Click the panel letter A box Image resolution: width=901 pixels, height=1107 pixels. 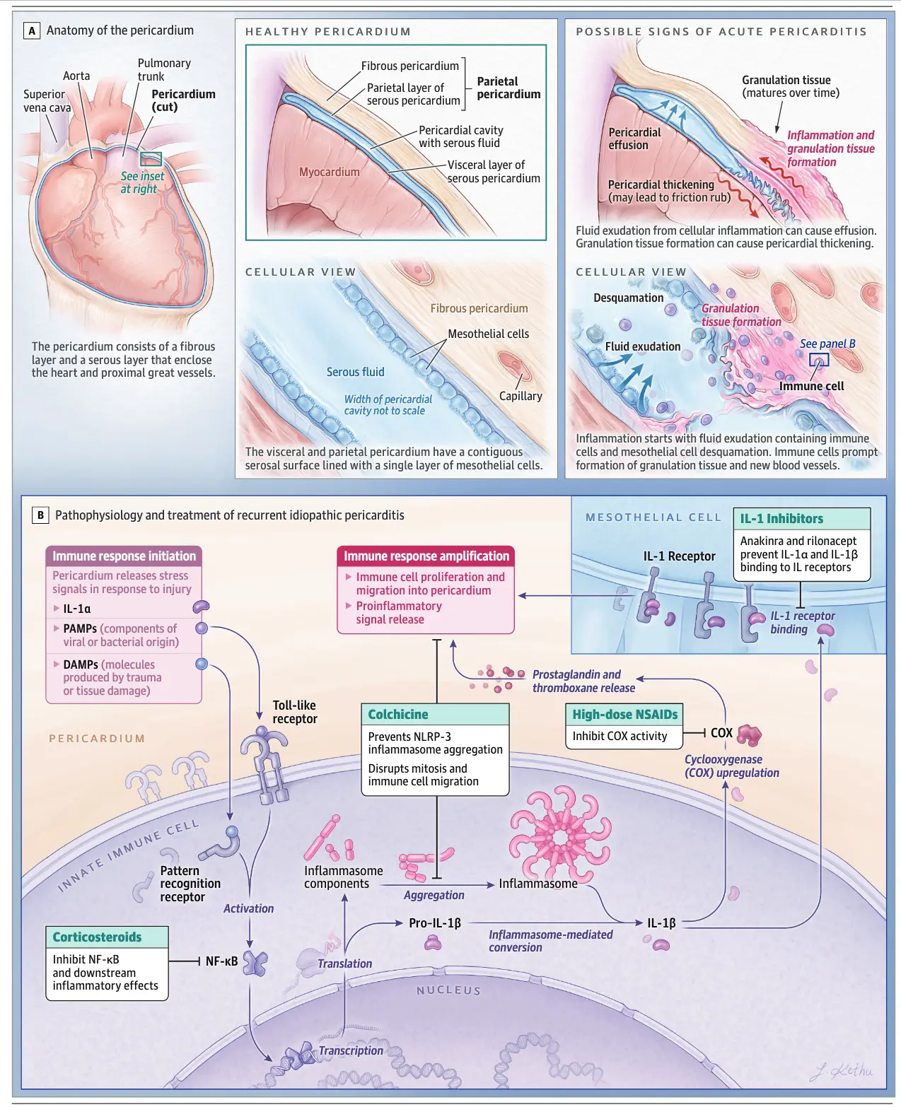(x=31, y=31)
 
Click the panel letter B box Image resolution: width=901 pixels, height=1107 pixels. (x=40, y=515)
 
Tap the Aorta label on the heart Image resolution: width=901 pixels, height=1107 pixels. (x=76, y=76)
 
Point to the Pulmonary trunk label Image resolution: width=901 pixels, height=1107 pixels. (x=163, y=69)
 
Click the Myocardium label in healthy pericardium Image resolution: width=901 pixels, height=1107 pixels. (x=329, y=172)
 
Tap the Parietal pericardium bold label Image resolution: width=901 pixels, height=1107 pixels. (x=508, y=88)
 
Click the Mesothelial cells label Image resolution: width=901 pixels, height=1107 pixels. (x=488, y=334)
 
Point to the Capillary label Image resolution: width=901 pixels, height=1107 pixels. (x=521, y=396)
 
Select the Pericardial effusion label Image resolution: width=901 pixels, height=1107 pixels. (x=634, y=139)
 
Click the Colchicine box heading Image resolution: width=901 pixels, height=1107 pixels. (x=398, y=715)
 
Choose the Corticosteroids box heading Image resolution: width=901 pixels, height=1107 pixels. (x=97, y=937)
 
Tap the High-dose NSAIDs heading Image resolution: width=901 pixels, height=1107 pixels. (x=624, y=715)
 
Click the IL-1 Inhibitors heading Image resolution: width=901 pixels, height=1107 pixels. (x=781, y=519)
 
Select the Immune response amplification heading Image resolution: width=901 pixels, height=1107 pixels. (x=426, y=556)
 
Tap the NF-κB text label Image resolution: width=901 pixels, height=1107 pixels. (x=221, y=961)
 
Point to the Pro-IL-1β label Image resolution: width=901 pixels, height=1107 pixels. (x=434, y=923)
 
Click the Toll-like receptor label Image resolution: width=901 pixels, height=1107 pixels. (x=295, y=712)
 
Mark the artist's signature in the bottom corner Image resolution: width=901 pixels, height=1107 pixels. (x=841, y=1071)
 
